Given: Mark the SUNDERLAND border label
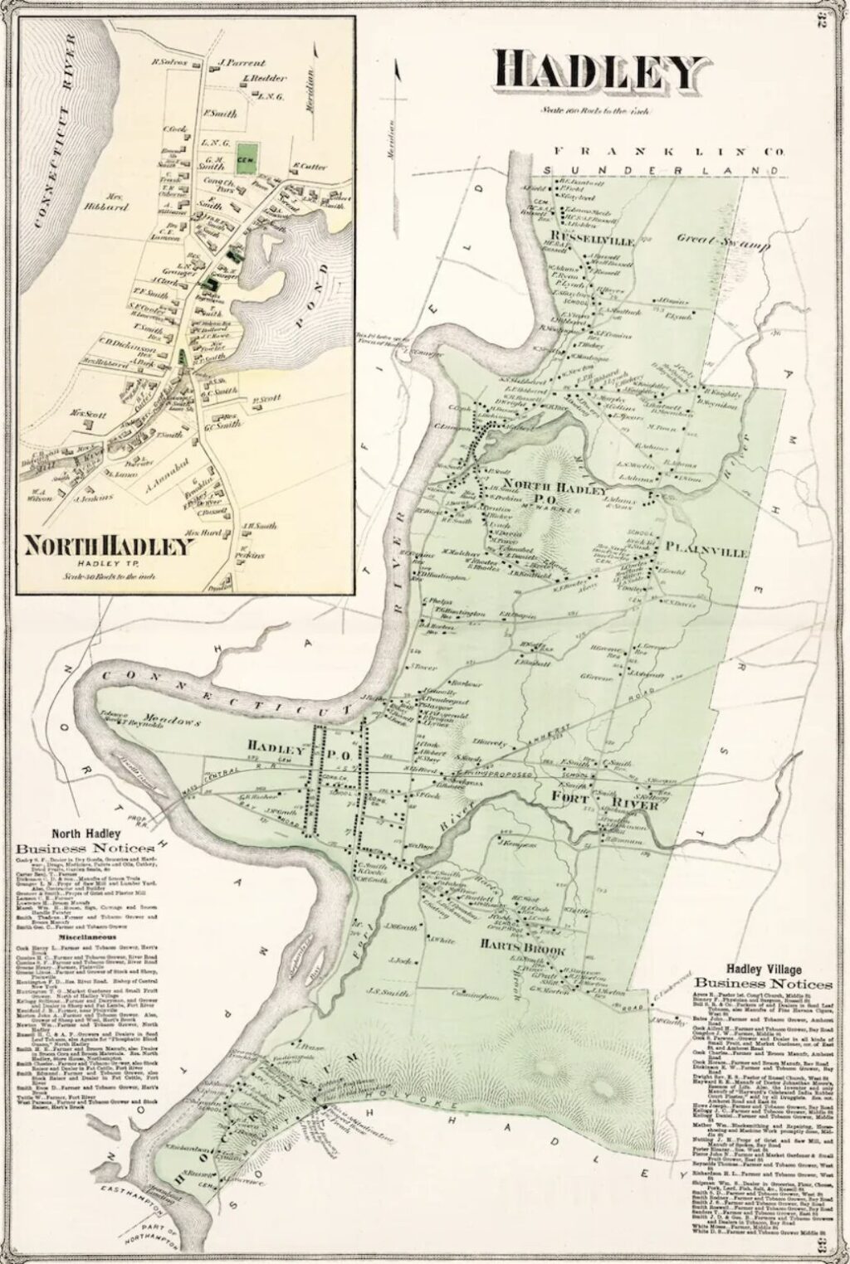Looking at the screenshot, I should pyautogui.click(x=661, y=168).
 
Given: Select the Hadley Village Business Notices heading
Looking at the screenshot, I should pyautogui.click(x=766, y=976).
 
